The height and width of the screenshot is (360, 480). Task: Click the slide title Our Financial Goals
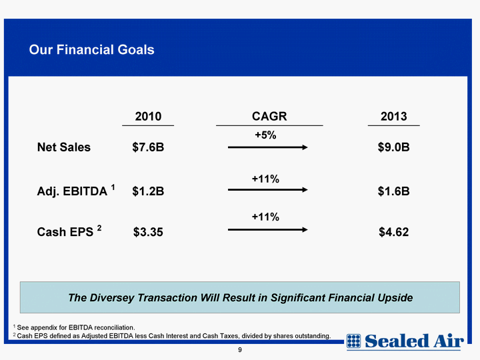click(x=91, y=49)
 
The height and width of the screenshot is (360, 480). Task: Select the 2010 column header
click(x=148, y=116)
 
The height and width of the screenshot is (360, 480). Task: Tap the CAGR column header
click(x=269, y=116)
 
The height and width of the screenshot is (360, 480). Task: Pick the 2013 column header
click(x=394, y=116)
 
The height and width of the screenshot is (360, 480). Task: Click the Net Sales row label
click(x=64, y=147)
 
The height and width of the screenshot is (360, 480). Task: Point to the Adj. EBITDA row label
click(x=72, y=191)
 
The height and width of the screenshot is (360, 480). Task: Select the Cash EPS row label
click(x=65, y=232)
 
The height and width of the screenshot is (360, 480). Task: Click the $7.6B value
click(x=148, y=147)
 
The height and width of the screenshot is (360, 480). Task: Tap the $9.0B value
click(x=394, y=147)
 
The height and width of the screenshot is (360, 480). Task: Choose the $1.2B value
click(x=148, y=191)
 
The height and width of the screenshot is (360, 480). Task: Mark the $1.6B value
click(x=394, y=191)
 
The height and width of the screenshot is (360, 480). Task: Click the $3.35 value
click(x=148, y=232)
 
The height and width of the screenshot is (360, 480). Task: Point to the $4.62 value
click(x=394, y=232)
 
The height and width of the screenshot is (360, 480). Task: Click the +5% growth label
click(x=265, y=135)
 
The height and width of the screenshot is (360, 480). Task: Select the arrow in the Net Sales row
click(x=267, y=147)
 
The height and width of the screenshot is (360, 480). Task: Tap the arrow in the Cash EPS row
click(x=267, y=229)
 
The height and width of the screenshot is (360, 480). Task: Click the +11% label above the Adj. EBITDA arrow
click(x=265, y=179)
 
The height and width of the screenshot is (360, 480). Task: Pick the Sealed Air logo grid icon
click(x=353, y=341)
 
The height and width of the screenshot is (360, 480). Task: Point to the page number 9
click(x=240, y=349)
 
